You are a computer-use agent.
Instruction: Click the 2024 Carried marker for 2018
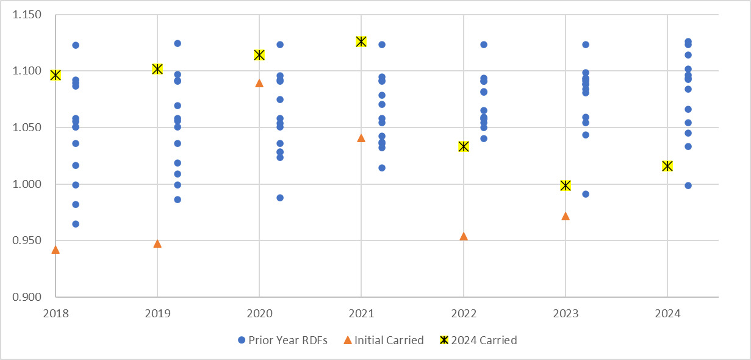[x=56, y=75]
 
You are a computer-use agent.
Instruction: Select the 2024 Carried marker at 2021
[x=361, y=41]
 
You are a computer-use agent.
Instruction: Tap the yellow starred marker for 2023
[x=566, y=185]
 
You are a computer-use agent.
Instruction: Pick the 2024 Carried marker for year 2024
[x=667, y=166]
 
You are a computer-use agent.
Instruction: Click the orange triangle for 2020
[x=259, y=83]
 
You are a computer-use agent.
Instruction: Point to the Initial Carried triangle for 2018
[x=56, y=250]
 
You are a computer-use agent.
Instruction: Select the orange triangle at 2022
[x=464, y=236]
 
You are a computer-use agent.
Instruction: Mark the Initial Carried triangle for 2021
[x=361, y=138]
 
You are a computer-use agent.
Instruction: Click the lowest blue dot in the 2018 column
[x=76, y=224]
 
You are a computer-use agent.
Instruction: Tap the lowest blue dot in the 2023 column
[x=586, y=194]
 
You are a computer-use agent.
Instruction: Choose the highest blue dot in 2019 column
[x=178, y=43]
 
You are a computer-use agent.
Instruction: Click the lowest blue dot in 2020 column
[x=280, y=198]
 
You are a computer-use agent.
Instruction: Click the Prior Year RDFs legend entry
[x=282, y=340]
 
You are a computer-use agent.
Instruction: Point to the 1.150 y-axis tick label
[x=27, y=14]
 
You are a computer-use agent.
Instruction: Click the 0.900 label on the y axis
[x=27, y=297]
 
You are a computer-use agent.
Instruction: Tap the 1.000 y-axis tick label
[x=27, y=184]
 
